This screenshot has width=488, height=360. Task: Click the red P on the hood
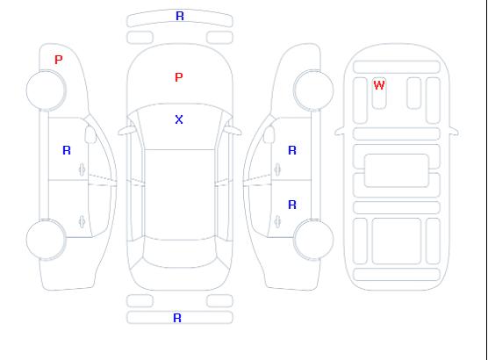179,77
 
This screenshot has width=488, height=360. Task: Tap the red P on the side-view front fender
59,60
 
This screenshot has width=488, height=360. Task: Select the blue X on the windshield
179,119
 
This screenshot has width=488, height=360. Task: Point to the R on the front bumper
180,16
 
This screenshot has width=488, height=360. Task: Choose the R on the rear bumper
177,318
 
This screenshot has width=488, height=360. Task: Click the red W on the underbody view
379,85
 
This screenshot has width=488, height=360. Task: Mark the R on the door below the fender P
67,150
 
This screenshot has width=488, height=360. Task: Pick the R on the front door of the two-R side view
292,150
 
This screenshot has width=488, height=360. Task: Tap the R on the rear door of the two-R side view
292,205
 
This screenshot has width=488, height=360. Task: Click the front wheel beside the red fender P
46,90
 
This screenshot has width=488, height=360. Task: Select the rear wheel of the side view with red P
46,240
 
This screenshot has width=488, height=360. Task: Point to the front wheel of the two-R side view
313,90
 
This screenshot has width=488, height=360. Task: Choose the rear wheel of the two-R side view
313,239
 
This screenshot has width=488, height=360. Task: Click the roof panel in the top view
180,195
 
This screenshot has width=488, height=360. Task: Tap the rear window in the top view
180,253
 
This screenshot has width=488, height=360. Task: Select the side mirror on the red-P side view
90,134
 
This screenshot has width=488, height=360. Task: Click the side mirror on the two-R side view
269,134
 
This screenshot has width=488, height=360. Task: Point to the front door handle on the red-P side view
82,169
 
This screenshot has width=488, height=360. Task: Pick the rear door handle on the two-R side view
277,222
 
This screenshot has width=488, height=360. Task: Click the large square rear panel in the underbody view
397,241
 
